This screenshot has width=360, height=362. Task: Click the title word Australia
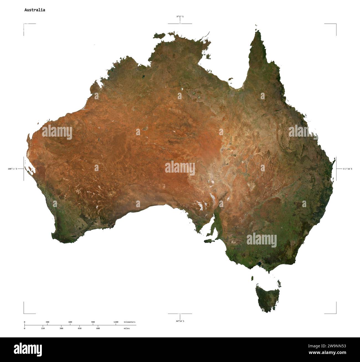[x=35, y=10]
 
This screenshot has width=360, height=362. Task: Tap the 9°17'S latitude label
[x=180, y=17]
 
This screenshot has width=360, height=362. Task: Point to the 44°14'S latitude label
[x=180, y=321]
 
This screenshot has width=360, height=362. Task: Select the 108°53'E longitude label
[x=12, y=169]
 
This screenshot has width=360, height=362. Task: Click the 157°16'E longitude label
[x=348, y=169]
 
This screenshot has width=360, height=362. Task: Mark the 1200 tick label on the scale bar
[x=116, y=322]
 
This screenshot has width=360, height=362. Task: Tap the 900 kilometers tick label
[x=93, y=322]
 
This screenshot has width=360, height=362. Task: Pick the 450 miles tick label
[x=79, y=328]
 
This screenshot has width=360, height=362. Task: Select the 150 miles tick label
[x=43, y=328]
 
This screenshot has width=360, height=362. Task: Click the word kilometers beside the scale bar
[x=130, y=322]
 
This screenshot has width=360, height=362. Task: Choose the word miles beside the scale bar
[x=127, y=328]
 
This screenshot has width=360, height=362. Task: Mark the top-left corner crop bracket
[x=24, y=25]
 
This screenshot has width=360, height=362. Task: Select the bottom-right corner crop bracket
[x=336, y=313]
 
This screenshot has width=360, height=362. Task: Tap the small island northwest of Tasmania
[x=252, y=278]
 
